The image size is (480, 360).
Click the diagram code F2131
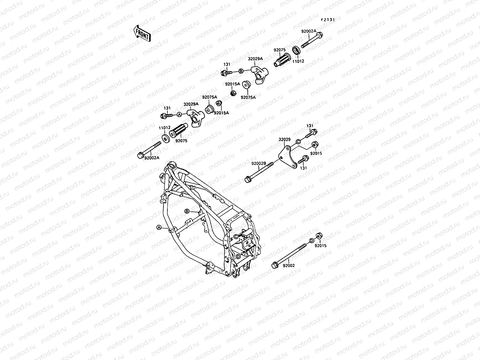click(328, 19)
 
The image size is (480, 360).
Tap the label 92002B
click(259, 163)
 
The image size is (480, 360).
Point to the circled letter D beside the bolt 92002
click(311, 241)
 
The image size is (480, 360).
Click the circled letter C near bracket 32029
click(298, 141)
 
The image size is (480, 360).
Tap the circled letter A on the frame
click(159, 227)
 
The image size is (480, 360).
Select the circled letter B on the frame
click(187, 211)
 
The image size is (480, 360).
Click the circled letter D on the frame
click(238, 256)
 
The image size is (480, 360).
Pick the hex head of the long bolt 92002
click(274, 265)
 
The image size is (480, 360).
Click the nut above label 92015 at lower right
click(319, 235)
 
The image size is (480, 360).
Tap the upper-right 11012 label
click(298, 61)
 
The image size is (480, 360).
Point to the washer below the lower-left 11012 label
click(165, 139)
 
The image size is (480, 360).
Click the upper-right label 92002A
click(309, 31)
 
